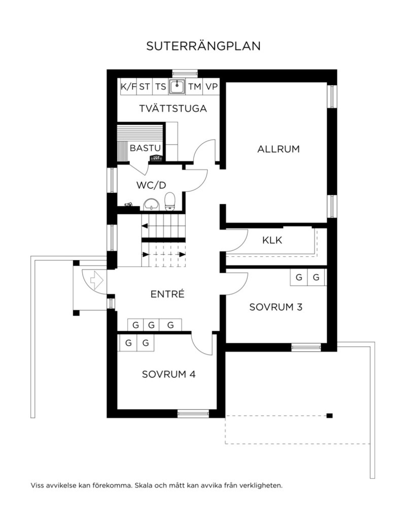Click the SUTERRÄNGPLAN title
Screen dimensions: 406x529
point(203,46)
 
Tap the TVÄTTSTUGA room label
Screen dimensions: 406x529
point(173,108)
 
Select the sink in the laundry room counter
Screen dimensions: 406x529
point(177,86)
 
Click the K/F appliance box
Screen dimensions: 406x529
point(129,86)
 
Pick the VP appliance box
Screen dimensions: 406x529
point(211,86)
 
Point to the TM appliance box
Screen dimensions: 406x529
point(194,86)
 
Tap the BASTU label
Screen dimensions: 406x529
point(145,148)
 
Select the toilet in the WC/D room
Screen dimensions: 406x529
point(170,201)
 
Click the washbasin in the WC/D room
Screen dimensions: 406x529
point(151,204)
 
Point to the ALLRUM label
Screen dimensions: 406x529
point(278,149)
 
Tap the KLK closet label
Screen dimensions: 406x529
point(272,240)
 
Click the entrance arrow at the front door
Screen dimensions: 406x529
point(97,280)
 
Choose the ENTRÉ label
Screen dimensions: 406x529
point(167,294)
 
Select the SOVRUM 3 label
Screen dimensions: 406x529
point(276,307)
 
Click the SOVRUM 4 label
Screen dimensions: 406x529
point(168,374)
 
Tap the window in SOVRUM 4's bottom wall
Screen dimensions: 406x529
point(193,413)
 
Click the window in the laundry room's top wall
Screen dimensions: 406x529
point(185,73)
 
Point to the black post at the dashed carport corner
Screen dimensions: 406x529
point(330,416)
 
